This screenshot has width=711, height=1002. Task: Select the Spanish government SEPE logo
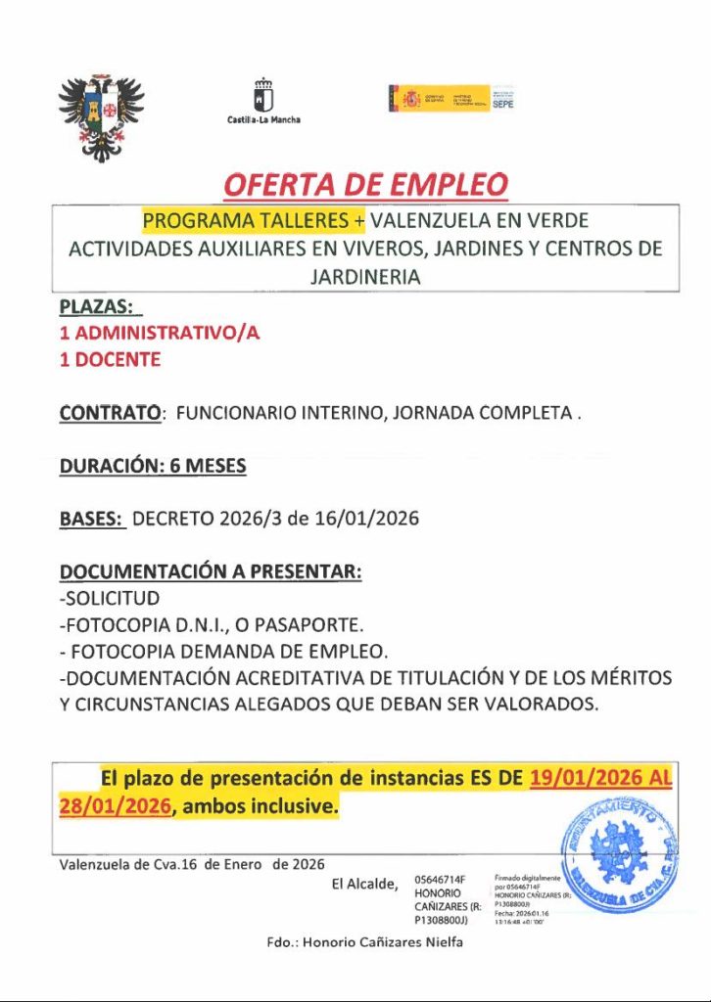tap(451, 98)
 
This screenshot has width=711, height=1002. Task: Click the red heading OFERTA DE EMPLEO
tap(366, 184)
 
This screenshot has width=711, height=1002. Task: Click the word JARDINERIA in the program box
tap(365, 277)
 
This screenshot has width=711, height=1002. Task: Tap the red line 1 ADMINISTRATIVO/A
tap(160, 333)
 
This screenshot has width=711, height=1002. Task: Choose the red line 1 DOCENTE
tap(111, 359)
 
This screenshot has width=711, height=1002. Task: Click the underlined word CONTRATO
tap(110, 414)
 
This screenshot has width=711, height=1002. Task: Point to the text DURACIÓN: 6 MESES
tap(153, 467)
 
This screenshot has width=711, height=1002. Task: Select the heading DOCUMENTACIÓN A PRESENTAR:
tap(211, 571)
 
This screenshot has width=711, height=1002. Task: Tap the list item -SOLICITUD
tap(110, 598)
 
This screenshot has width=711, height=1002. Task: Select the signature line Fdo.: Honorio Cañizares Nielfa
tap(364, 942)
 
